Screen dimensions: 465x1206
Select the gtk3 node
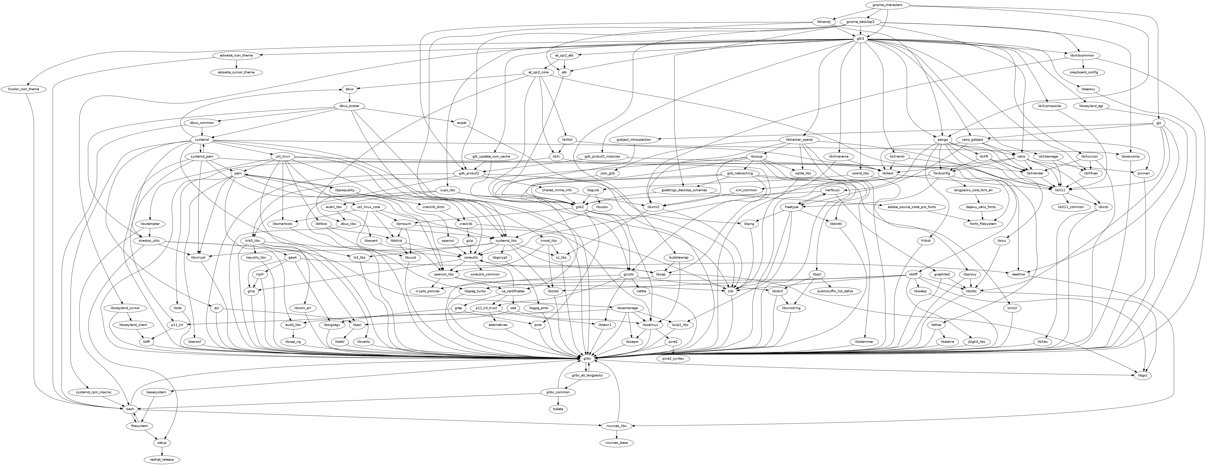(860, 38)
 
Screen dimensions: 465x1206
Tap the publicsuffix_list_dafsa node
(835, 291)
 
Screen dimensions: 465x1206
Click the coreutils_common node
(484, 274)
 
